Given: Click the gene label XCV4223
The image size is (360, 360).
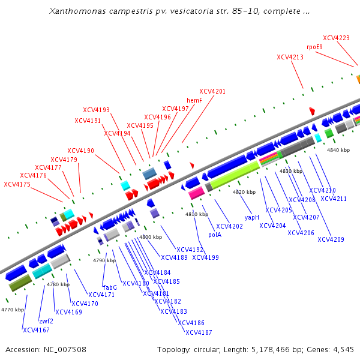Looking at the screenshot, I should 336,38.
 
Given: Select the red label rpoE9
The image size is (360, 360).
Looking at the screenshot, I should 314,47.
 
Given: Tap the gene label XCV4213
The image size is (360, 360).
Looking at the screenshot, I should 290,57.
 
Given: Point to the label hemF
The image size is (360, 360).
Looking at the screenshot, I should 194,100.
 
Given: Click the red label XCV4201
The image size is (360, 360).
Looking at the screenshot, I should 212,91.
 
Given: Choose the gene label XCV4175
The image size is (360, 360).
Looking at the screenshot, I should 17,184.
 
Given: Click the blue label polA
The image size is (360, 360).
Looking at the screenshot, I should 215,235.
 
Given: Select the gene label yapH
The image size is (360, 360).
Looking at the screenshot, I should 252,217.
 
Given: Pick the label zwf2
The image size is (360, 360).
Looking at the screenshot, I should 46,321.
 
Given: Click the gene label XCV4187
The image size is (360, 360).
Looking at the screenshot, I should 199,332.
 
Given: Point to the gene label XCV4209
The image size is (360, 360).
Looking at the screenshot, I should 331,239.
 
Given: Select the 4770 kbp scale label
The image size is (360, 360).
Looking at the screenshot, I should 13,310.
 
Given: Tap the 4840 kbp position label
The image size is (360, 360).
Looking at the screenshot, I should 338,150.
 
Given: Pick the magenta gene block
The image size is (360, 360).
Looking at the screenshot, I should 196,193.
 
